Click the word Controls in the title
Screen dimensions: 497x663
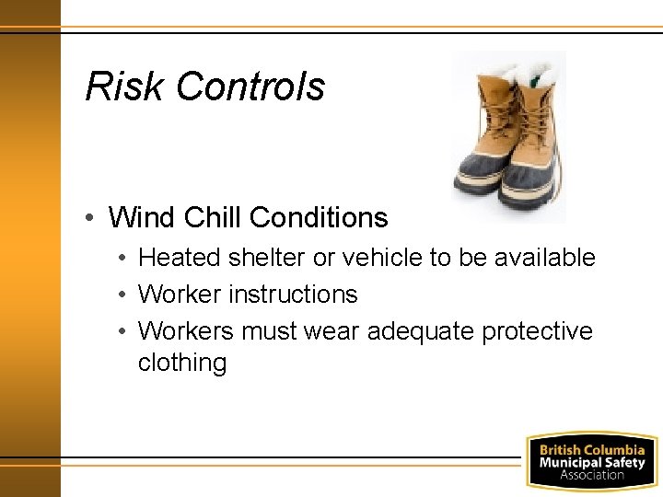(x=250, y=87)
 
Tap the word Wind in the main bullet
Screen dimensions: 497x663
(x=143, y=218)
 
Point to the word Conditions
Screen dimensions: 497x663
(x=319, y=218)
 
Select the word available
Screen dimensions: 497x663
(x=545, y=259)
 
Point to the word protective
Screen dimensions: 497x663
(x=538, y=331)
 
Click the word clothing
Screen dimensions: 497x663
(x=182, y=364)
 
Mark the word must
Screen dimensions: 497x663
(x=273, y=331)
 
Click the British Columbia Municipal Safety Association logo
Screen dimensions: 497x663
(x=591, y=459)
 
